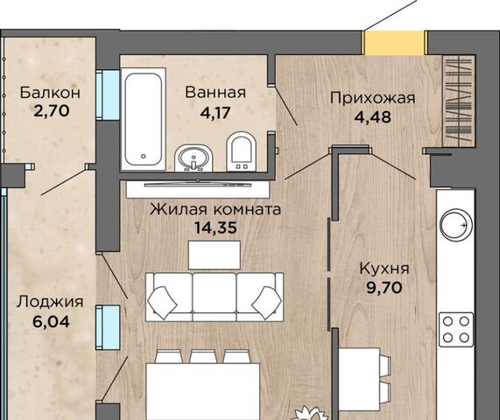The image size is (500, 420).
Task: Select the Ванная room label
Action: click(x=215, y=92)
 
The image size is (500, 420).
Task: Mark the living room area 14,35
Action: click(x=215, y=227)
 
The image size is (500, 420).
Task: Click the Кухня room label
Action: click(x=385, y=269)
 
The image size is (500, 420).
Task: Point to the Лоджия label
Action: click(x=49, y=302)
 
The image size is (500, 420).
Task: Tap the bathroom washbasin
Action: click(x=193, y=157)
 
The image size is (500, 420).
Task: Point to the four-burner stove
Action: click(x=455, y=330)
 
